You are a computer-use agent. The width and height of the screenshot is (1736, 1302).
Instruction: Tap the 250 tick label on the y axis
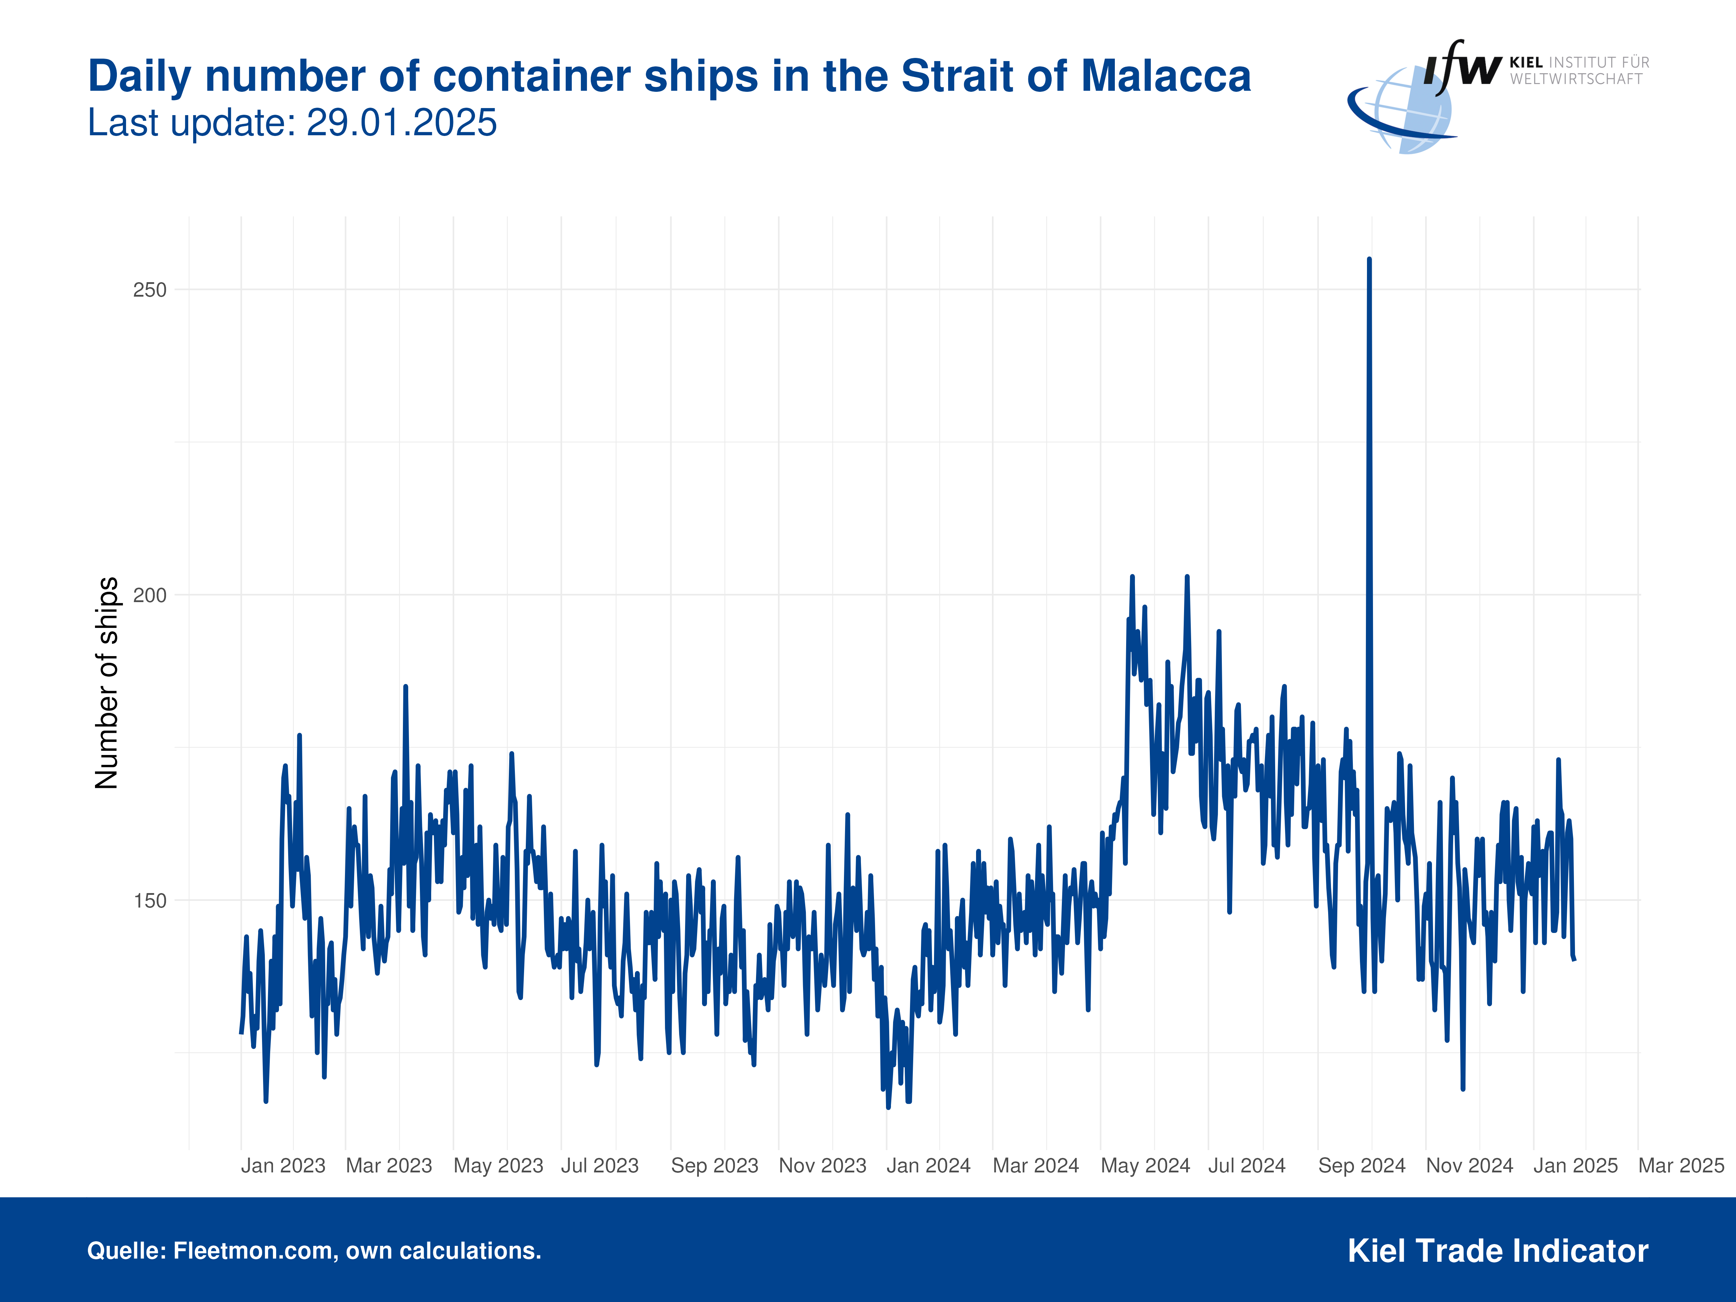(150, 290)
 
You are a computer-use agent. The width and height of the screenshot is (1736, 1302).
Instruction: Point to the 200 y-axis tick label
(150, 595)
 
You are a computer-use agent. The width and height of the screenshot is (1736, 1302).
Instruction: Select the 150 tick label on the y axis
(150, 900)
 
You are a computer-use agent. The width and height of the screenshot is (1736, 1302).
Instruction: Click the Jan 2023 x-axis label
(283, 1165)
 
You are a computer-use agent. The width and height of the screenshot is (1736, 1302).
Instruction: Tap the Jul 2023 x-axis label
(600, 1165)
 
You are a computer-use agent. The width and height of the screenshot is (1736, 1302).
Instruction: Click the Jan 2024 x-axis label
(928, 1165)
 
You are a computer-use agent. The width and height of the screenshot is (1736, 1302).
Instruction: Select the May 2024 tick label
(1145, 1165)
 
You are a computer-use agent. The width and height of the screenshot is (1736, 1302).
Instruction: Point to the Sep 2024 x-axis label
(1362, 1165)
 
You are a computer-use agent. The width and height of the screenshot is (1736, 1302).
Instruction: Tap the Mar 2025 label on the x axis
(1680, 1165)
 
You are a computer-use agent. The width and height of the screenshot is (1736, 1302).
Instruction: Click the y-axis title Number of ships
(107, 683)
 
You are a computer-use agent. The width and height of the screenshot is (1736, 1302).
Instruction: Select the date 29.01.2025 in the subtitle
(401, 123)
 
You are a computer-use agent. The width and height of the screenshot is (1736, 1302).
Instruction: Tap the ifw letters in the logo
(1461, 67)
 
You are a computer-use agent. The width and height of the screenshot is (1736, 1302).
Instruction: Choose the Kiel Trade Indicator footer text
(1497, 1250)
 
